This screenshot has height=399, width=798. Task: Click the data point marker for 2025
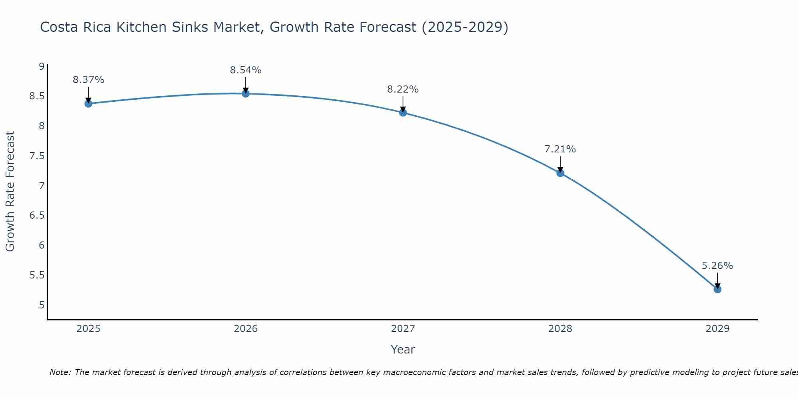88,104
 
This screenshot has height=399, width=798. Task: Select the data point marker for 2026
246,93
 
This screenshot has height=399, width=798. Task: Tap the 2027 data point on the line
403,113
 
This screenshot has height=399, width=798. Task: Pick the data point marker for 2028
560,173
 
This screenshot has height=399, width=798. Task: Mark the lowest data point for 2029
717,289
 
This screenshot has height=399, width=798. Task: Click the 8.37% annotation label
88,80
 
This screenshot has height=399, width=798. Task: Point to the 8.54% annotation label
245,70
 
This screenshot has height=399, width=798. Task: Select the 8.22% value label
403,89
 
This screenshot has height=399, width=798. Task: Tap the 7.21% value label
560,149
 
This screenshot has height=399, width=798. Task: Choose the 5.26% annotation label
717,266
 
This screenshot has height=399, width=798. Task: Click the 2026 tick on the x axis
246,329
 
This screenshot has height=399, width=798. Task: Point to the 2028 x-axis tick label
560,329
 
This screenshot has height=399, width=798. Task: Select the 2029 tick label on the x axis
717,329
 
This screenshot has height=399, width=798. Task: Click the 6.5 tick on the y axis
37,215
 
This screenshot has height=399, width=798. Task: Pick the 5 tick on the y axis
41,305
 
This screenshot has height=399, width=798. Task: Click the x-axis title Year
403,350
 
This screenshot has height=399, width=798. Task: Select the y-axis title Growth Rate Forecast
10,192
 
